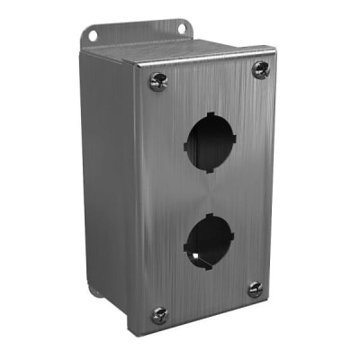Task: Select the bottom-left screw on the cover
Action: [x=159, y=314]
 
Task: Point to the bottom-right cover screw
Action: [x=255, y=290]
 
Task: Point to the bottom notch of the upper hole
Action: [x=208, y=167]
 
